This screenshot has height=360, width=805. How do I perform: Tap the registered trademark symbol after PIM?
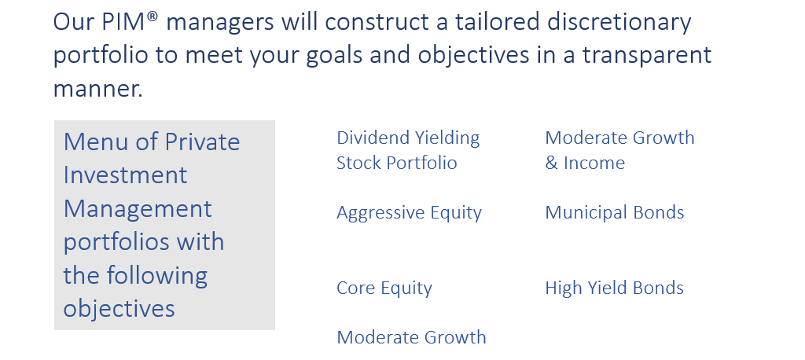[x=153, y=17]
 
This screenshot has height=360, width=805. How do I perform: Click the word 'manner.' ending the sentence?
[x=98, y=89]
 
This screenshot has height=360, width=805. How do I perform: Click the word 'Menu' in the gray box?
[x=96, y=141]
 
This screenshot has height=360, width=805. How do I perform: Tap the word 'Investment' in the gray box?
[x=125, y=175]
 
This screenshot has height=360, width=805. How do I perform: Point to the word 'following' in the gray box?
[x=156, y=277]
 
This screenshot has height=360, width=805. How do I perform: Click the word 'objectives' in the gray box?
[x=119, y=309]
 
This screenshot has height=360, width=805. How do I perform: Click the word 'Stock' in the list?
[x=358, y=163]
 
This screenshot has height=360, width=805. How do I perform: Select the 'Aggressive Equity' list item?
[x=409, y=213]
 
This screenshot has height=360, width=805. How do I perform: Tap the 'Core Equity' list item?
[x=384, y=288]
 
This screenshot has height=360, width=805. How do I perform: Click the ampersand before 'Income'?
[x=551, y=163]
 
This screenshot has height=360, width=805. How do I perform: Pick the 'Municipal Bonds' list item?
[x=615, y=213]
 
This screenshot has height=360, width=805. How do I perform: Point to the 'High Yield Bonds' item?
[x=615, y=288]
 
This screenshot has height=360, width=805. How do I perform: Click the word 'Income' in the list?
[x=594, y=163]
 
